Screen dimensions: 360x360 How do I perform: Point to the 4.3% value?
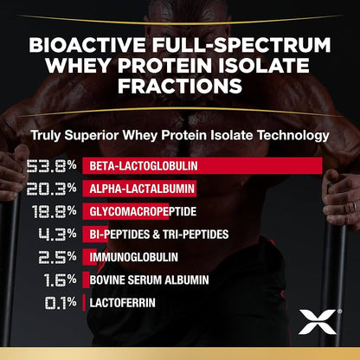[54, 234]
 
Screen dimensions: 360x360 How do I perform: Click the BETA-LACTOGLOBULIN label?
[132, 165]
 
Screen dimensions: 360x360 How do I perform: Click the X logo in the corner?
[312, 323]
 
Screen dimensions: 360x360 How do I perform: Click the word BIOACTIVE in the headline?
[82, 44]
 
